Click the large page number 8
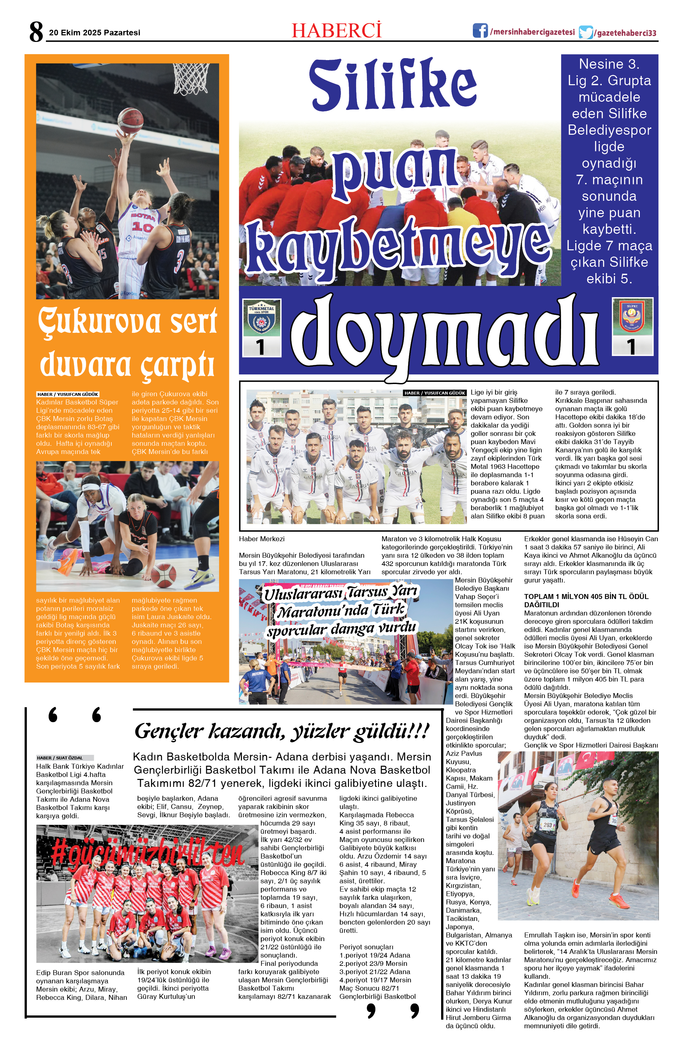tap(36, 32)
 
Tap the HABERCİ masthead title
tap(336, 30)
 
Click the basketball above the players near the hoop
tap(130, 120)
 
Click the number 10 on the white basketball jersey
tap(142, 227)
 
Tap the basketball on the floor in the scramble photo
tap(163, 575)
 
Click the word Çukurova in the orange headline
tap(99, 322)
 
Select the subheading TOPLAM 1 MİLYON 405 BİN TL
tap(586, 600)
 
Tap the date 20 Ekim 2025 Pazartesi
tap(94, 33)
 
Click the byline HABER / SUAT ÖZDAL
tap(60, 758)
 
